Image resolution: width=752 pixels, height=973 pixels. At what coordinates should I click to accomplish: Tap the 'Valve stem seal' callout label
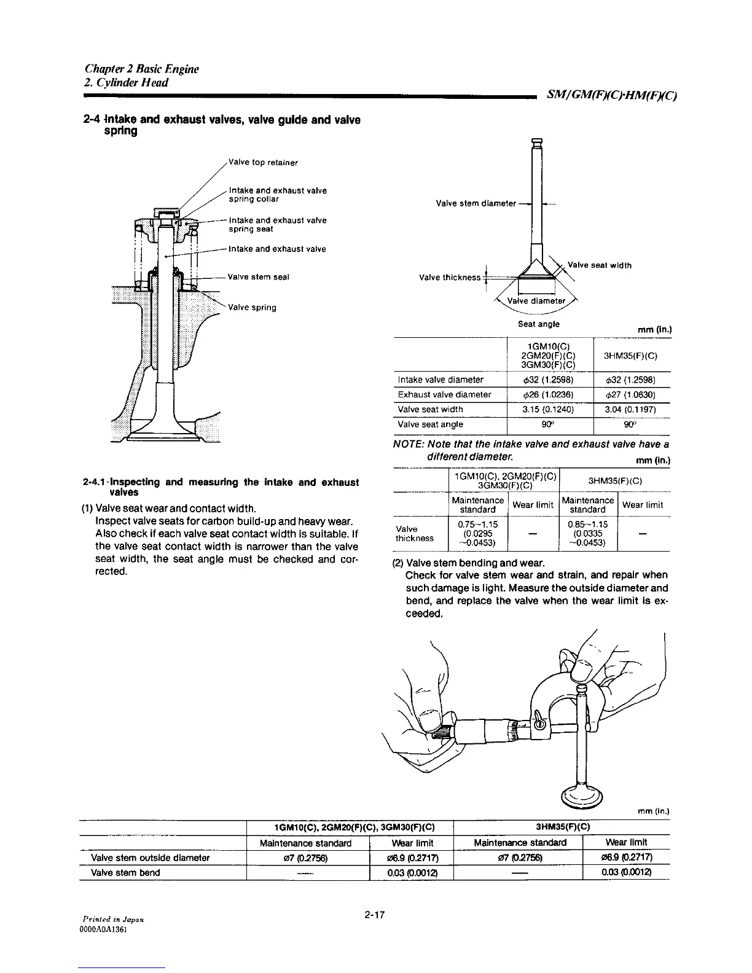[x=258, y=277]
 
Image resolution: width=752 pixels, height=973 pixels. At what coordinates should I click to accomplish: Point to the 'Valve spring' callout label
[x=252, y=308]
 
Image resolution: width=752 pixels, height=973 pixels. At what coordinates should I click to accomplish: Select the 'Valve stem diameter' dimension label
[x=476, y=203]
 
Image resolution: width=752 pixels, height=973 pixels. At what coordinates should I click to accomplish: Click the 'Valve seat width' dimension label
[x=600, y=265]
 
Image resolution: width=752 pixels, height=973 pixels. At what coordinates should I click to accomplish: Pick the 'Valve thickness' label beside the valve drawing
[x=449, y=277]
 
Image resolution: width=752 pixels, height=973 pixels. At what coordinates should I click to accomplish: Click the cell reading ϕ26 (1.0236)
[x=550, y=394]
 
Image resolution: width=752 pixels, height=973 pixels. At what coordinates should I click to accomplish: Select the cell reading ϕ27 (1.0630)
[x=631, y=394]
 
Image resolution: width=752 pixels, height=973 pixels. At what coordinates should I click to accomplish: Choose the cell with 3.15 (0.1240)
[x=550, y=409]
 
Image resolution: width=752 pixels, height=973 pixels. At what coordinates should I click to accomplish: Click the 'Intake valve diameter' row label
[x=441, y=380]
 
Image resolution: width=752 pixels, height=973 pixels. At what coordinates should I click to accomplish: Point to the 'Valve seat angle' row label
[x=431, y=424]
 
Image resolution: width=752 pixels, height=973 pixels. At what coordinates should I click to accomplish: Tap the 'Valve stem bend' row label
[x=125, y=872]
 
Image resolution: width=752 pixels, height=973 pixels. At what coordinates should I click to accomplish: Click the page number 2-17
[x=374, y=916]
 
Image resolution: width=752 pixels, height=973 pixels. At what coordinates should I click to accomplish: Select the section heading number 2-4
[x=91, y=120]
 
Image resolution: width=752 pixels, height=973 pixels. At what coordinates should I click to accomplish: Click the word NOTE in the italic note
[x=407, y=444]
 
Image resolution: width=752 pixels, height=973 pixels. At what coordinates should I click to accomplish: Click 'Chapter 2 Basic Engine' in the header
[x=142, y=69]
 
